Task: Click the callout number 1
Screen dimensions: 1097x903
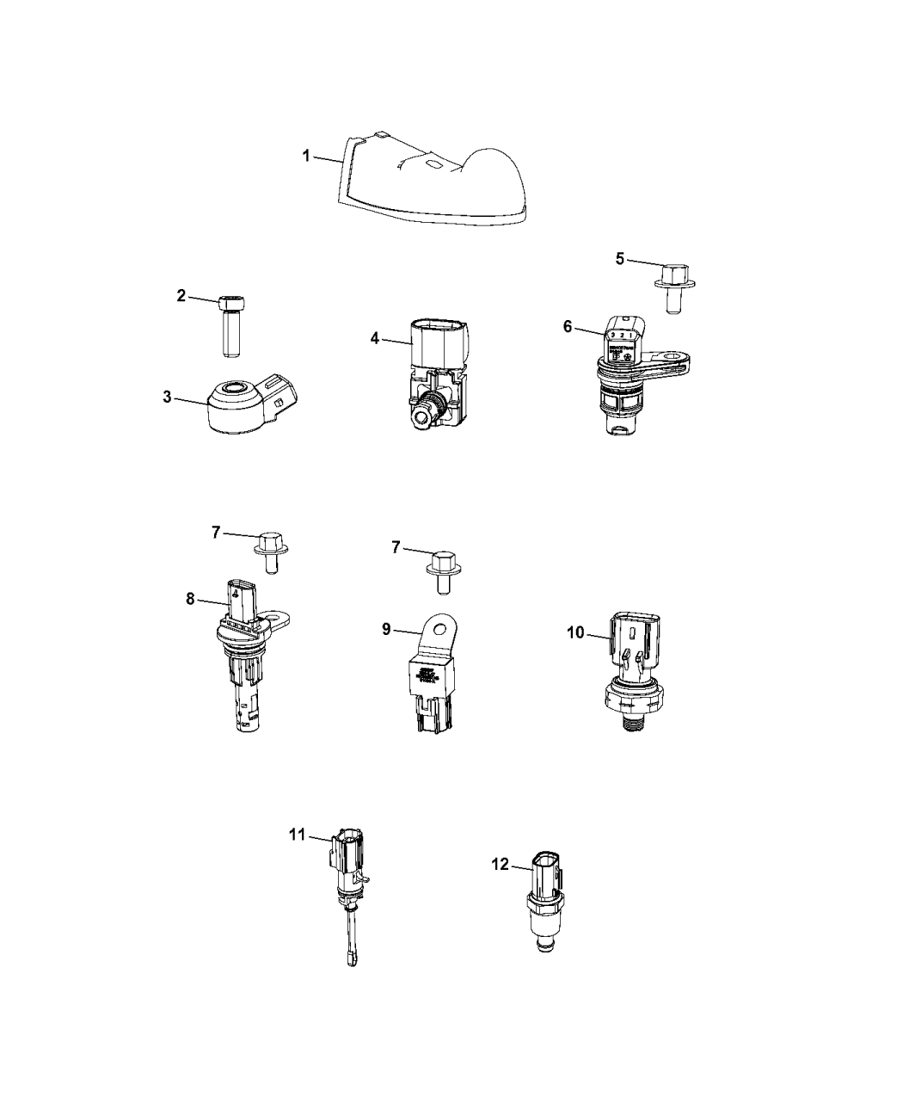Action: [305, 156]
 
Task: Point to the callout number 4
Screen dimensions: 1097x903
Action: [374, 338]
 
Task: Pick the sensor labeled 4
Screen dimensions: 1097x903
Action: [437, 370]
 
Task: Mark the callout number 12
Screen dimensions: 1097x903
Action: [501, 865]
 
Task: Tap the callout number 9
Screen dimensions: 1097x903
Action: [386, 630]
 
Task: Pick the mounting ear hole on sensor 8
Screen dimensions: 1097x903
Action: [278, 617]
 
